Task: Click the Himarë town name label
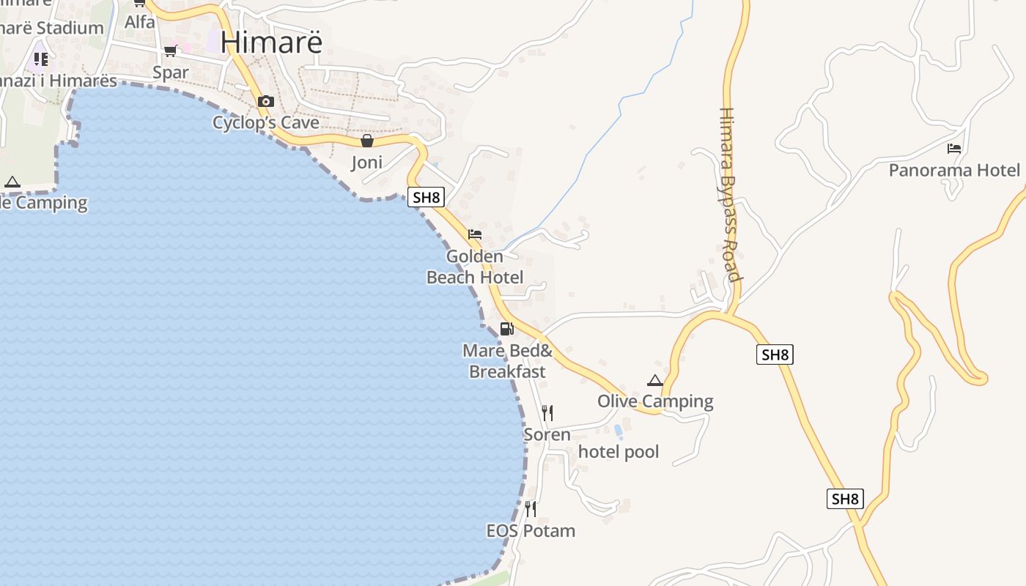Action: (271, 42)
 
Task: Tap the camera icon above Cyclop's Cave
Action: (265, 102)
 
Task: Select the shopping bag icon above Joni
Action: (367, 141)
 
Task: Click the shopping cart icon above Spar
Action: (171, 51)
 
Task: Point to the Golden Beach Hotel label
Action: (475, 267)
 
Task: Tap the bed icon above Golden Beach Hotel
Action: (475, 235)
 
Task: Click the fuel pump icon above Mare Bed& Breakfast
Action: (506, 329)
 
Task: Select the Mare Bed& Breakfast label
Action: (507, 361)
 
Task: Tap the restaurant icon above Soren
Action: (547, 413)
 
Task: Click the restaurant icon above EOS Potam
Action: (531, 508)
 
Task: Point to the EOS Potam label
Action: (531, 530)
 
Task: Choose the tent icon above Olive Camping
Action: (655, 380)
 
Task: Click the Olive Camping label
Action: (655, 401)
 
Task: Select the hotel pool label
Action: (619, 452)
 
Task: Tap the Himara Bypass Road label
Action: (729, 195)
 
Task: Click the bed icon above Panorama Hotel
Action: (953, 149)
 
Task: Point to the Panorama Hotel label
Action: (954, 171)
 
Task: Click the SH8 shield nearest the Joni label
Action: (426, 197)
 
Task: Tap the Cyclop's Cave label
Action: (266, 122)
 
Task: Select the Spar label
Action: (171, 73)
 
